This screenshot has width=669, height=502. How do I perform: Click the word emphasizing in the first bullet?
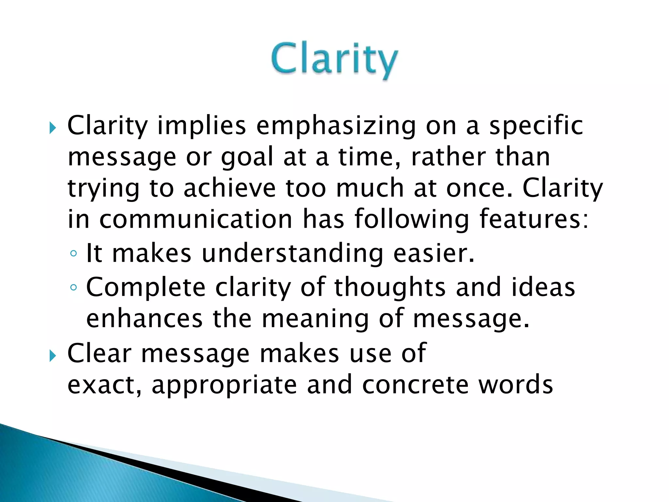point(336,126)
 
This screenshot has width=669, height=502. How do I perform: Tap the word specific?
point(536,126)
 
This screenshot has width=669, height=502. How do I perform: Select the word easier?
point(433,254)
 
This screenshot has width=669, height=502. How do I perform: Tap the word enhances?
point(144,319)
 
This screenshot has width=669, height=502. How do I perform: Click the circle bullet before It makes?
point(74,254)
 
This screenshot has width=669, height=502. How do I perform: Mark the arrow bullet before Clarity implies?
point(53,128)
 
